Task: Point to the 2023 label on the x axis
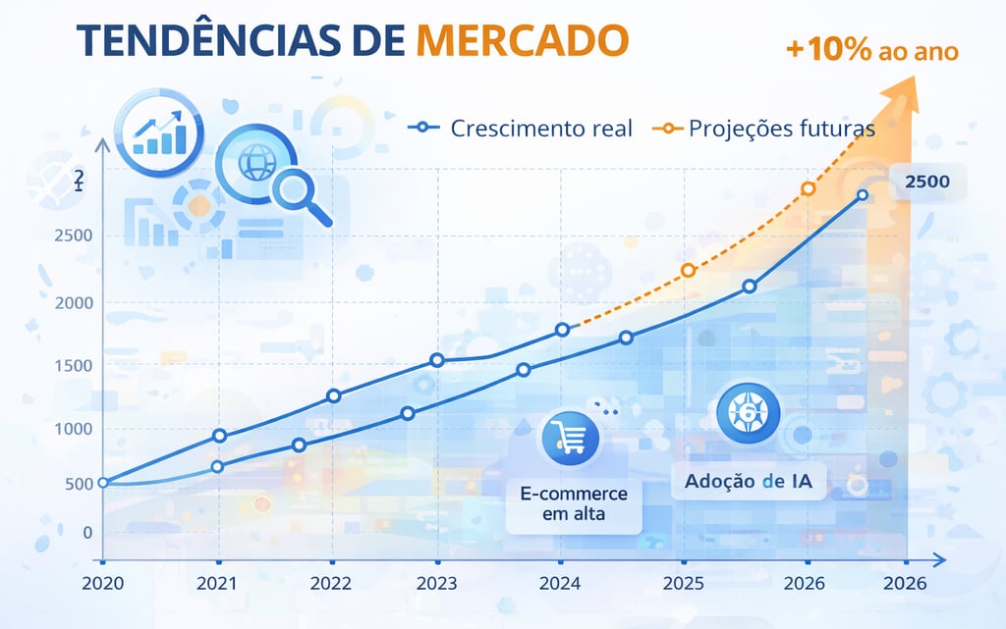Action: (436, 583)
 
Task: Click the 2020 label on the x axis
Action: (103, 583)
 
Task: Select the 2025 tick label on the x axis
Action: (684, 583)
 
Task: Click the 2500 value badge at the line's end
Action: (927, 183)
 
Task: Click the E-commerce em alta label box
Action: (574, 501)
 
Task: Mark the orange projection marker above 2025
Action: (688, 270)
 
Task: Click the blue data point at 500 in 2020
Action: (103, 483)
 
